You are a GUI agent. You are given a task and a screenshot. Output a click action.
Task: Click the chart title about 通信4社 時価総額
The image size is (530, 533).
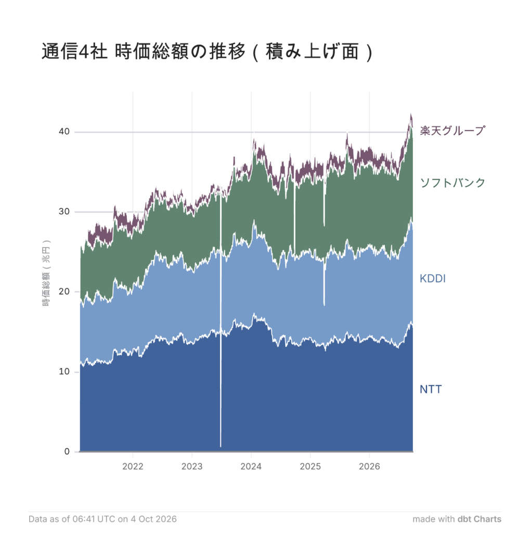[207, 52]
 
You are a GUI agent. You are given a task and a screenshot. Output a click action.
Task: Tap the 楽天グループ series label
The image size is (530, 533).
[452, 131]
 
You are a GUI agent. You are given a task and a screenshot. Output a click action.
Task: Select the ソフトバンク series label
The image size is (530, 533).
[452, 183]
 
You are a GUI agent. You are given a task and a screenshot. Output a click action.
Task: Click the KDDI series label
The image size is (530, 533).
[433, 279]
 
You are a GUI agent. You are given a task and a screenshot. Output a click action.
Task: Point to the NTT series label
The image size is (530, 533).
[431, 389]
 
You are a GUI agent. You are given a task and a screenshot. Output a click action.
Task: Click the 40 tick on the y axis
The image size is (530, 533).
[64, 132]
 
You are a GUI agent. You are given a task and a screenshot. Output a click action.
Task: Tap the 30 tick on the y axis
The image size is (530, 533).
[64, 211]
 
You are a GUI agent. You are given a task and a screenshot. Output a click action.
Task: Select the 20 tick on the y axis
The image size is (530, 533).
[64, 291]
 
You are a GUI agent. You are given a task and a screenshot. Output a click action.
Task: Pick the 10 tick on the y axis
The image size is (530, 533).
[64, 372]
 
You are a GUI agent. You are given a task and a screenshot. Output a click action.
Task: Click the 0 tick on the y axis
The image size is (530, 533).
[67, 451]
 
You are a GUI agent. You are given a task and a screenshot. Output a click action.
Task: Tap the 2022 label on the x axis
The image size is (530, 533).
[133, 466]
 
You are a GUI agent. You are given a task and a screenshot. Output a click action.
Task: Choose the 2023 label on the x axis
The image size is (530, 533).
[192, 466]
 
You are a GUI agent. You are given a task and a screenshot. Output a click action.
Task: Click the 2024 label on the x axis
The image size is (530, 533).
[251, 466]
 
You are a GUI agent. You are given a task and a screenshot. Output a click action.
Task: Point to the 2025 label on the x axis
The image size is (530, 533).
[310, 466]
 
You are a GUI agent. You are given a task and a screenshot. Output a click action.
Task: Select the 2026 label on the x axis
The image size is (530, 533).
[369, 466]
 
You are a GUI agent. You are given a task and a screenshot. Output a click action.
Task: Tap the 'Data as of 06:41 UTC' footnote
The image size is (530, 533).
[102, 519]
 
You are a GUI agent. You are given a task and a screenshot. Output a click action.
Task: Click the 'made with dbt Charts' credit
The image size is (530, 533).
[457, 519]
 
